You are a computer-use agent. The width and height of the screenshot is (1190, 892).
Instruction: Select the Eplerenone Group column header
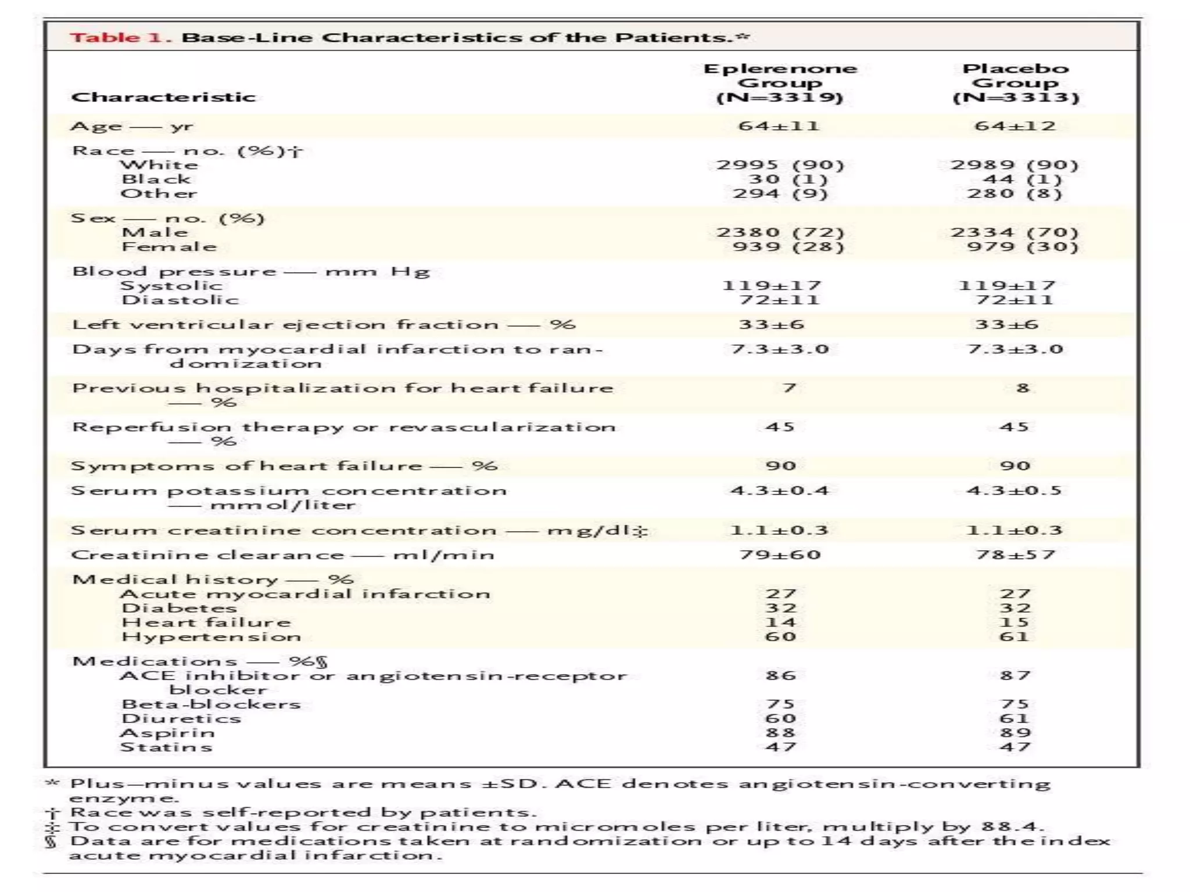[x=780, y=82]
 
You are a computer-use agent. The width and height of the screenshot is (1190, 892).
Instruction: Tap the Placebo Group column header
[x=1015, y=82]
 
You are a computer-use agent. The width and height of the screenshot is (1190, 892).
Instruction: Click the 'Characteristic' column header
[x=163, y=97]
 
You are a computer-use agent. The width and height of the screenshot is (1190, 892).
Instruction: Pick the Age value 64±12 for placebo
[x=1015, y=126]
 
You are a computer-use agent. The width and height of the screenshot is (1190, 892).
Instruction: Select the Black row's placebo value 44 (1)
[x=1015, y=179]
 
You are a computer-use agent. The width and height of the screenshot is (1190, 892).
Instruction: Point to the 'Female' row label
[x=169, y=247]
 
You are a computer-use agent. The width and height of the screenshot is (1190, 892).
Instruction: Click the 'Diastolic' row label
[x=180, y=300]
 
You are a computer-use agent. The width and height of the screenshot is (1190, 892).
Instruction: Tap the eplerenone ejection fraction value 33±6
[x=772, y=325]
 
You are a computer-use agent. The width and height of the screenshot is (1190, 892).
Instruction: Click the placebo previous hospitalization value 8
[x=1023, y=388]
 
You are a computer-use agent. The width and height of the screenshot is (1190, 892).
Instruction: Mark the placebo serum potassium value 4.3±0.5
[x=1015, y=491]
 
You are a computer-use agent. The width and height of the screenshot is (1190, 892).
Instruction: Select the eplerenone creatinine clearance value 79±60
[x=780, y=555]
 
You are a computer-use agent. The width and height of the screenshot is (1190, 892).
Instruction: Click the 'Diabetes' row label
[x=179, y=608]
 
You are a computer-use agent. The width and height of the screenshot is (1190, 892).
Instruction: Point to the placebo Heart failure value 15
[x=1015, y=623]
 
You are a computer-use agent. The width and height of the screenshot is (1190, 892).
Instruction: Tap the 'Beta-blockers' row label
[x=211, y=704]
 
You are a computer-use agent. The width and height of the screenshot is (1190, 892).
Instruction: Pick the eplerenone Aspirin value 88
[x=780, y=733]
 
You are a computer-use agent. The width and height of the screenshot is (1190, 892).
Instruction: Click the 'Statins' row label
[x=166, y=747]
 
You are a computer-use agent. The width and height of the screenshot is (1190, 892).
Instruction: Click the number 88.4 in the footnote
[x=1012, y=826]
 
